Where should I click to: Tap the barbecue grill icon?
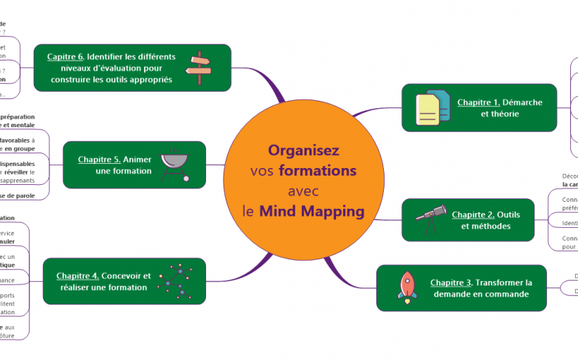[x=175, y=165]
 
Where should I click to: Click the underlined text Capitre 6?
[x=65, y=56]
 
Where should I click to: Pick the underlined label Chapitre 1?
[x=478, y=102]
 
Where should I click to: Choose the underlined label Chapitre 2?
[x=473, y=214]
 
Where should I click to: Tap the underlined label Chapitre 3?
[x=451, y=283]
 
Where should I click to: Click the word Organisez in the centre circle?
[x=303, y=150]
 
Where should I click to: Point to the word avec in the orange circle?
[x=303, y=191]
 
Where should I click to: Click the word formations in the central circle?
[x=317, y=171]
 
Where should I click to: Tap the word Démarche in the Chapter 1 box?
[x=522, y=102]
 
